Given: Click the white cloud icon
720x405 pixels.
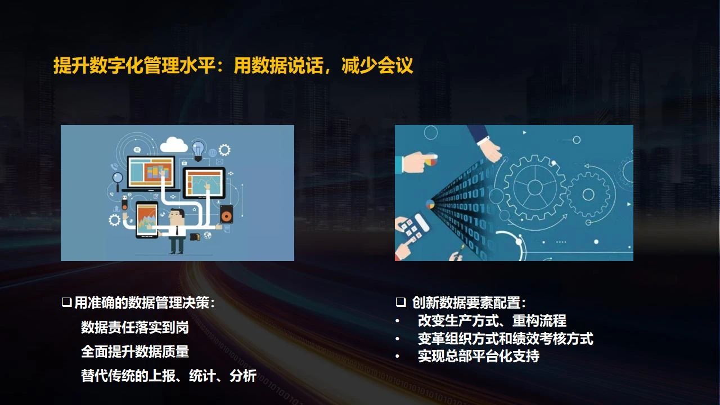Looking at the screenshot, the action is click(174, 145).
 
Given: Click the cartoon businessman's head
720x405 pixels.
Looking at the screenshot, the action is click(177, 217).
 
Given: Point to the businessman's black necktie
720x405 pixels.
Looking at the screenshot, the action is click(177, 231).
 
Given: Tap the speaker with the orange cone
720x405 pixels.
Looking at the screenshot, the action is click(227, 214).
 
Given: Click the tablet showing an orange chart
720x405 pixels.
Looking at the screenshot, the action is click(147, 219).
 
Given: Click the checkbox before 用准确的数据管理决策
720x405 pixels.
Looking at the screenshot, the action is click(66, 303).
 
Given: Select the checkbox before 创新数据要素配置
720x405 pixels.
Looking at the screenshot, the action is click(400, 303).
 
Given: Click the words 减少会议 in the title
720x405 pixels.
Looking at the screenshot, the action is click(377, 65).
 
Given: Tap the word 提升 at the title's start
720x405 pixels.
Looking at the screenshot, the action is click(71, 65).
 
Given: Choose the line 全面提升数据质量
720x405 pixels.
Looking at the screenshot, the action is click(135, 352).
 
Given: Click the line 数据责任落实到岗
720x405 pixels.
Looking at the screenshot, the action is click(135, 327).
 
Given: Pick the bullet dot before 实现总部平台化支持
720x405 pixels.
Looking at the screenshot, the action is click(398, 356).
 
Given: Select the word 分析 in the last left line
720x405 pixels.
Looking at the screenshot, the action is click(243, 375).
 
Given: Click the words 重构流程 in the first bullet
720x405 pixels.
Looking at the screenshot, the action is click(539, 321).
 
